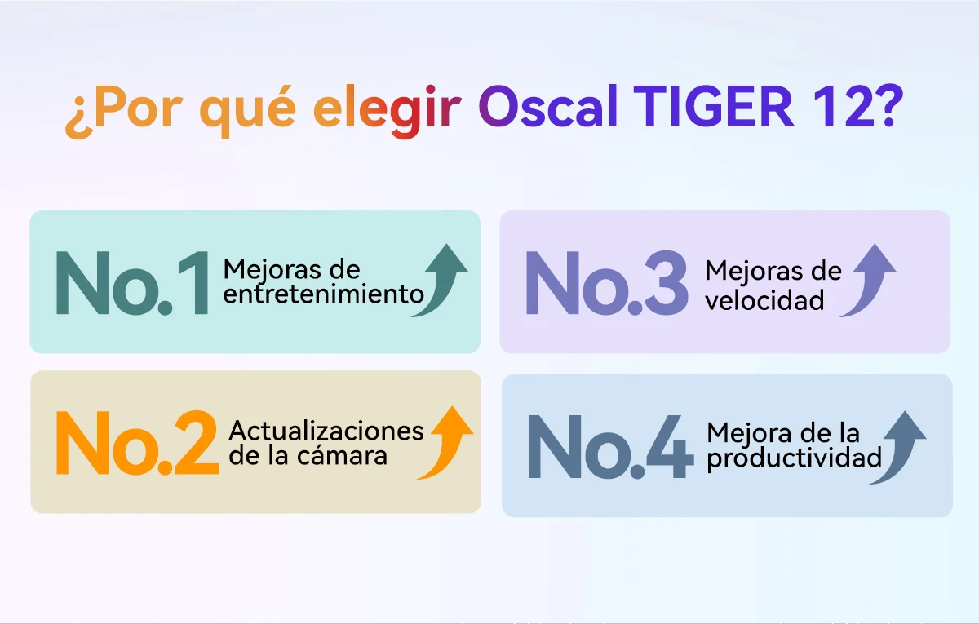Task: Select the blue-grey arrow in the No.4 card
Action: [x=898, y=446]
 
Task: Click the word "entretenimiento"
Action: [x=324, y=294]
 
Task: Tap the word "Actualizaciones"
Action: [x=326, y=430]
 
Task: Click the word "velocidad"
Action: [x=764, y=300]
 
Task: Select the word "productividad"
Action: [x=794, y=458]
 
